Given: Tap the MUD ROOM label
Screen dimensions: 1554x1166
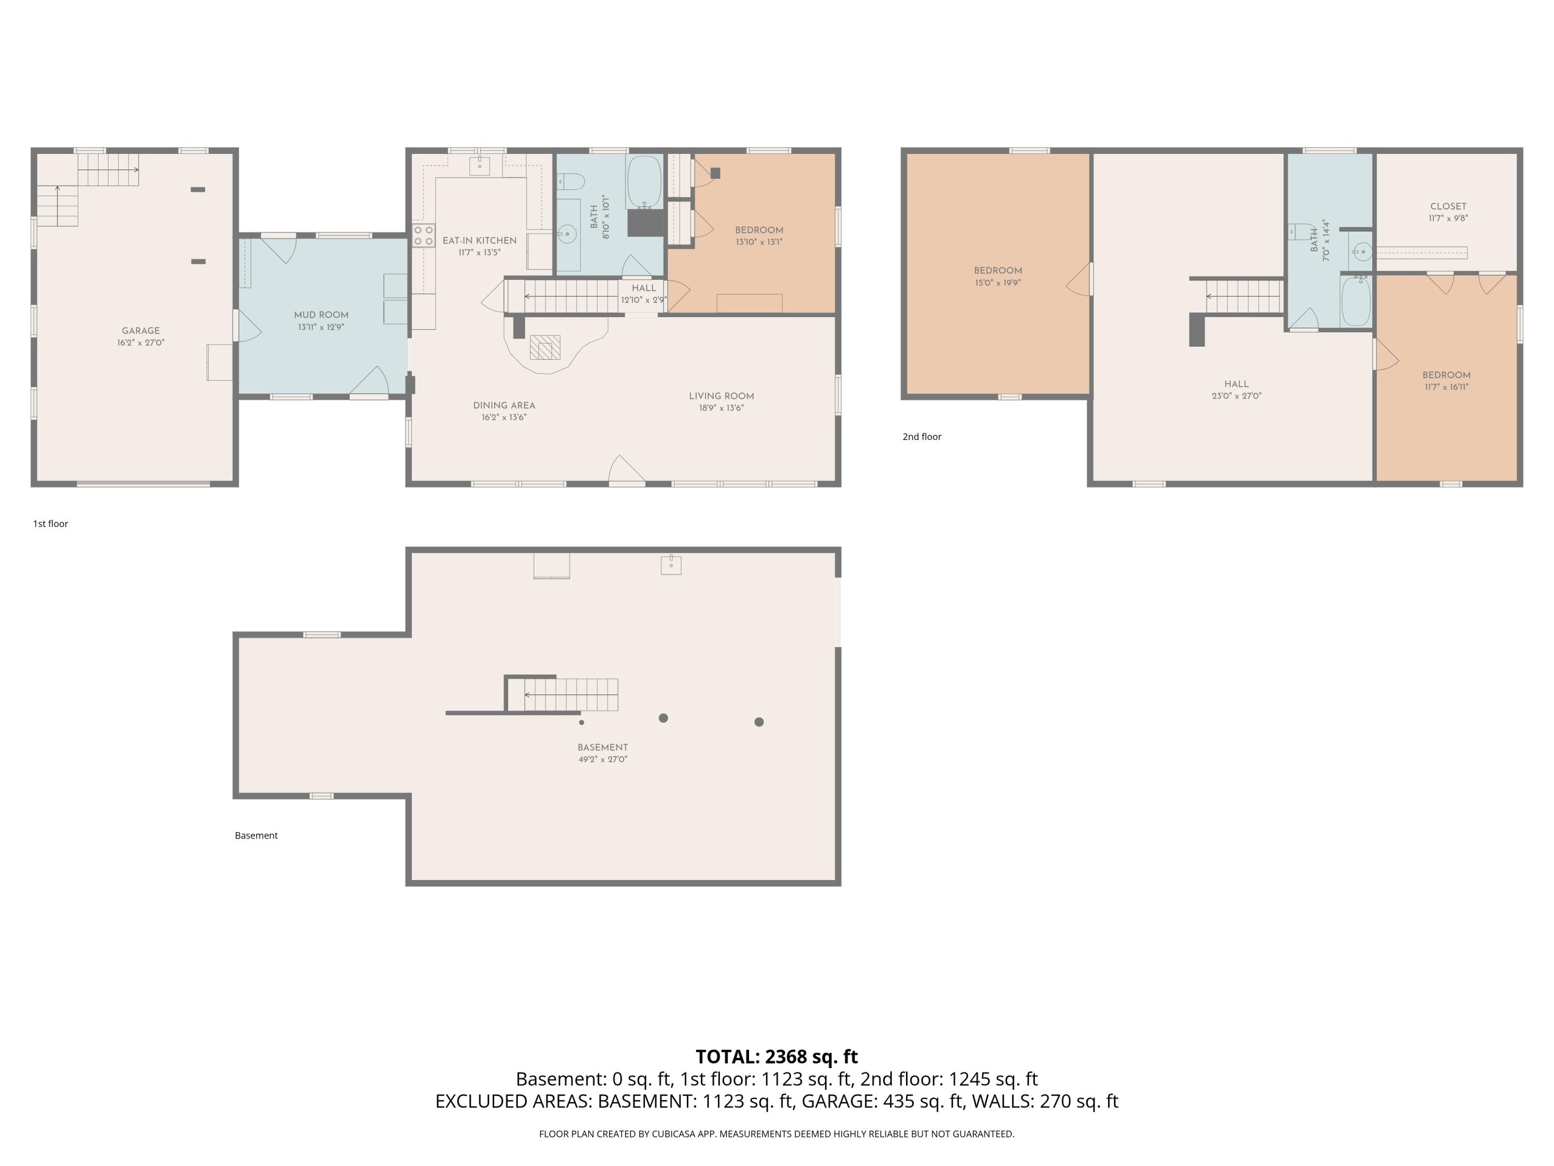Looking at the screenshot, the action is [x=321, y=315].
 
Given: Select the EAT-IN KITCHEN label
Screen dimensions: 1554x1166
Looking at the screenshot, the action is [x=479, y=240].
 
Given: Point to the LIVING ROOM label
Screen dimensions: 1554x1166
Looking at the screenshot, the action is [x=722, y=396].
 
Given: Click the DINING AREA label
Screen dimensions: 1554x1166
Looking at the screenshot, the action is [x=503, y=406].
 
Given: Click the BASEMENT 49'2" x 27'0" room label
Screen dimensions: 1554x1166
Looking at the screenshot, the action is [x=603, y=753].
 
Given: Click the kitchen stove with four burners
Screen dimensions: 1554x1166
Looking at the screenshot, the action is [x=424, y=235].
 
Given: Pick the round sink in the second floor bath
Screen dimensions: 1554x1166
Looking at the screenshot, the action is [x=1361, y=251].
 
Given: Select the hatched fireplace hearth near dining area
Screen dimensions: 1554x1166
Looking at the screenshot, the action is [x=545, y=347].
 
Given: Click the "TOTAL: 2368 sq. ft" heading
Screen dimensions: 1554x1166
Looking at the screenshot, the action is [x=776, y=1056].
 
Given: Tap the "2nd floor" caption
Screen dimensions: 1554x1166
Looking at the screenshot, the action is [x=922, y=436].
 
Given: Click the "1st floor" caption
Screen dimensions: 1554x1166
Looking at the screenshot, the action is [x=51, y=523].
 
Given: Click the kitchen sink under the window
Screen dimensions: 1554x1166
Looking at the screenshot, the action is [x=479, y=165].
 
